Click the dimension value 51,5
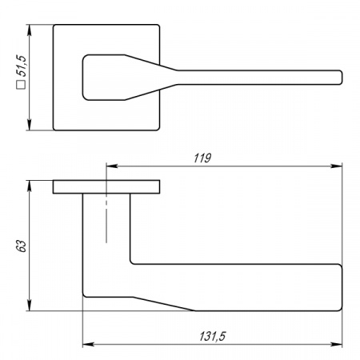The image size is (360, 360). (x=22, y=66)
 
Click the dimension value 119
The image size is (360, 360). (x=202, y=158)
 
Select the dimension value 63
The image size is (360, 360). (x=22, y=246)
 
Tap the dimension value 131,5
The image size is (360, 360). (x=213, y=336)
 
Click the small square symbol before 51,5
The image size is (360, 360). (x=21, y=85)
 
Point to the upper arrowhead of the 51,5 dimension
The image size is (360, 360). (x=30, y=30)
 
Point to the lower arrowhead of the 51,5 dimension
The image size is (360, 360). (x=30, y=125)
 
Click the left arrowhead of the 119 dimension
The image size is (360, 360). (x=112, y=166)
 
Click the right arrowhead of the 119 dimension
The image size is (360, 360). (x=336, y=166)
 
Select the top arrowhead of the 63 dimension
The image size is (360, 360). (x=30, y=186)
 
